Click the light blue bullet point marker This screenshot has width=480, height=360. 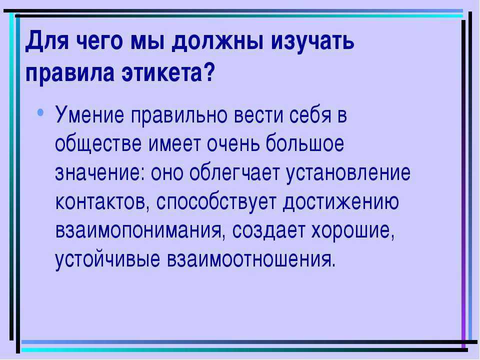pyautogui.click(x=40, y=112)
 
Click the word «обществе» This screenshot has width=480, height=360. pyautogui.click(x=98, y=143)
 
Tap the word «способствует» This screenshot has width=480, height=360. pyautogui.click(x=216, y=202)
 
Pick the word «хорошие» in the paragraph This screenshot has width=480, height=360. pyautogui.click(x=352, y=230)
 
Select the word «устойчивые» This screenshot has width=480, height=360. pyautogui.click(x=107, y=260)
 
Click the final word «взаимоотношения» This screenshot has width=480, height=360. pyautogui.click(x=251, y=259)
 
